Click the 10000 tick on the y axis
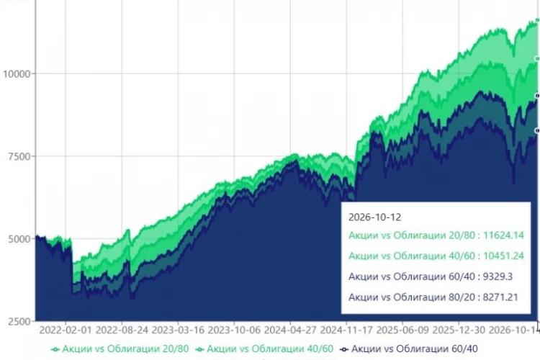(17, 73)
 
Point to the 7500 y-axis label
(19, 156)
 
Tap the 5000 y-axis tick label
(19, 239)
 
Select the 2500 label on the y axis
(19, 322)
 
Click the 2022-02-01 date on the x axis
(66, 330)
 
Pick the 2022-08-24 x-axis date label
(122, 330)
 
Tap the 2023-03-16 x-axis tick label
(178, 330)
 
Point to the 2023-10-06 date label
(234, 330)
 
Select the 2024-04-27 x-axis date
(290, 330)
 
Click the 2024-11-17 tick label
(346, 330)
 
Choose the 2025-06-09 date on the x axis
(402, 330)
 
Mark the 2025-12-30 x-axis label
(459, 330)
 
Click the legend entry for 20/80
(120, 349)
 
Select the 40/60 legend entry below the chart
(264, 349)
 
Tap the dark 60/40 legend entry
(409, 349)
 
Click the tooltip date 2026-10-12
(374, 217)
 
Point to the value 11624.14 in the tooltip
(503, 235)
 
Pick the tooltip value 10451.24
(503, 256)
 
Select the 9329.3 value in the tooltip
(498, 276)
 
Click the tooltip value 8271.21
(500, 297)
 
